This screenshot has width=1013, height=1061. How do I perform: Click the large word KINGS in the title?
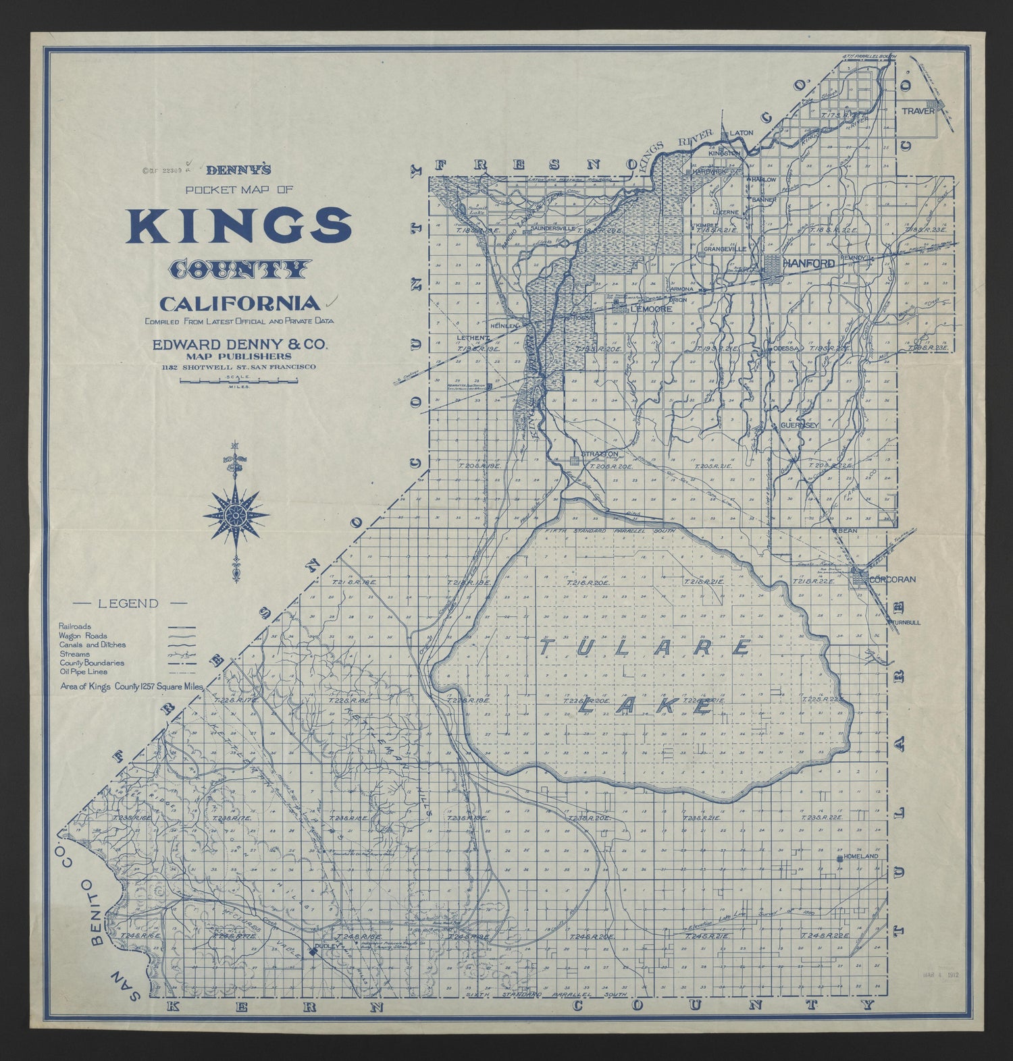[239, 227]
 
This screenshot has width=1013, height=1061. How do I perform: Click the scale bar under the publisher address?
[238, 382]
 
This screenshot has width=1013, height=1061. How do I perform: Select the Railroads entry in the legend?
[74, 626]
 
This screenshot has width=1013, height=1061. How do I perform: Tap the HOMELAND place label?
[861, 856]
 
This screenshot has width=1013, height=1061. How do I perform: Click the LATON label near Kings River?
[741, 133]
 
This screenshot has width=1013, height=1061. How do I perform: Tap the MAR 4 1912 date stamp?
[941, 975]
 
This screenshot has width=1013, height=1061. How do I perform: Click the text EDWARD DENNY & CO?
[240, 344]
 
